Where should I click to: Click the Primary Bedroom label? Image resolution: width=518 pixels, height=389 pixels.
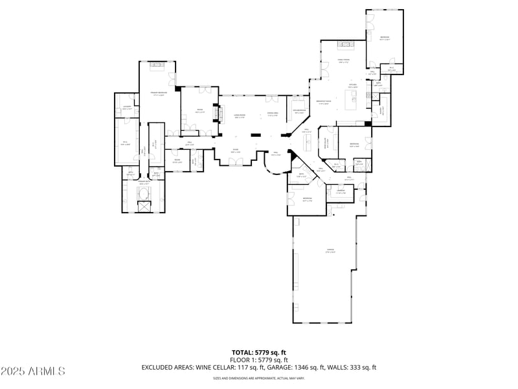(155, 94)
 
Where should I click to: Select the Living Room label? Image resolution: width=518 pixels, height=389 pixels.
(239, 117)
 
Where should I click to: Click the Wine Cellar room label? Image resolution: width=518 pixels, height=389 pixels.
(330, 145)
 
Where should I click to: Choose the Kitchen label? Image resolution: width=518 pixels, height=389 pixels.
(353, 86)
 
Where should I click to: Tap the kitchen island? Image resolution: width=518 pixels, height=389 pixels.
(354, 99)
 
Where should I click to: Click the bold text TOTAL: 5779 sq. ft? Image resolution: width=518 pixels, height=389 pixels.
(259, 353)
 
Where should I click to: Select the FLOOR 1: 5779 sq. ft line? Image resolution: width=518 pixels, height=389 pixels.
(259, 360)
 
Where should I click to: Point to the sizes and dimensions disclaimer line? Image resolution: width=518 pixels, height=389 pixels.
(259, 378)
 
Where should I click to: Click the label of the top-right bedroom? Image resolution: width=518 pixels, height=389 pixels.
(385, 38)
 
